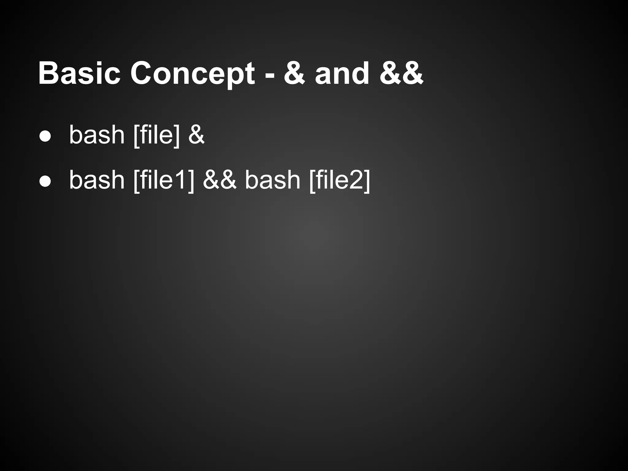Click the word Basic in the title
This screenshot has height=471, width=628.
pyautogui.click(x=79, y=73)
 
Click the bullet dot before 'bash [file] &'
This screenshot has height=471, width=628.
pyautogui.click(x=45, y=137)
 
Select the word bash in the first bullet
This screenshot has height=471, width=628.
pyautogui.click(x=97, y=135)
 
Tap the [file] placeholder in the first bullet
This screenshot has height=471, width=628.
pyautogui.click(x=156, y=135)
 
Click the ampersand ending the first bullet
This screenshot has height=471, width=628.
pyautogui.click(x=196, y=135)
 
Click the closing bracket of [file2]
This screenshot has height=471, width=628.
pyautogui.click(x=367, y=181)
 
